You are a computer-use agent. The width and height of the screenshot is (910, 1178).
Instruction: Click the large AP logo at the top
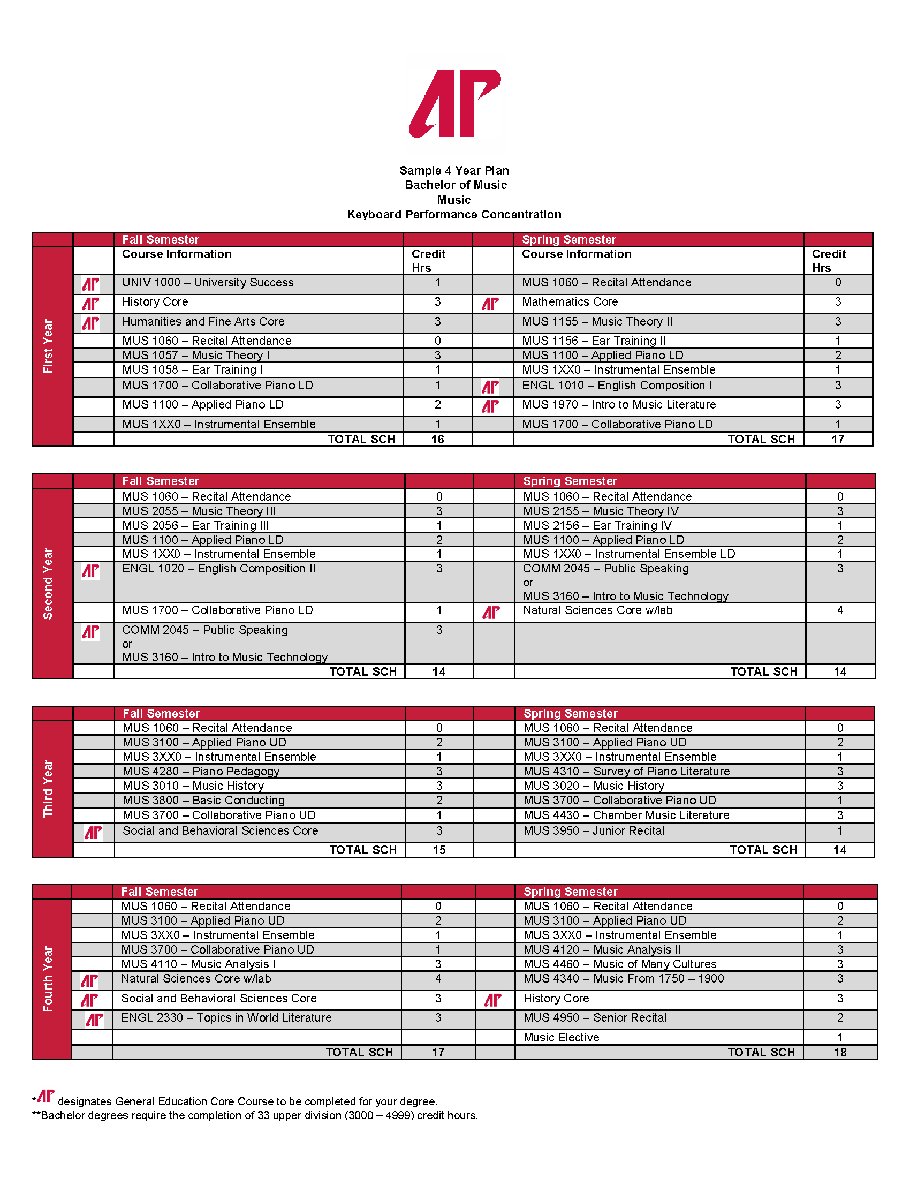(454, 103)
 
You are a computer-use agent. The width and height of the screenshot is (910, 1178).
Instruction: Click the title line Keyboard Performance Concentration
(454, 215)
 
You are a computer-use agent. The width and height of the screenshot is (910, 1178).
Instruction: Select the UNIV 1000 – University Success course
(208, 283)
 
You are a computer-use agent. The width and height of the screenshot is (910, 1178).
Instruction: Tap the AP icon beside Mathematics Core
(490, 304)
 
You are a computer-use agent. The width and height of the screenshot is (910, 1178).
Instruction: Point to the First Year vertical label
(48, 346)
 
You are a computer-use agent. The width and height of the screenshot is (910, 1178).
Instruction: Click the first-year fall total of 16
(437, 440)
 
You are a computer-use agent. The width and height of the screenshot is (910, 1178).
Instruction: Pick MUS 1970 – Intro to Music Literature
(619, 405)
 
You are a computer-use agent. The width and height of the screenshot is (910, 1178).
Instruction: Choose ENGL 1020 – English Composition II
(219, 569)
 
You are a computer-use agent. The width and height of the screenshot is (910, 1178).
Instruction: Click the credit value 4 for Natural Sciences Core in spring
(840, 610)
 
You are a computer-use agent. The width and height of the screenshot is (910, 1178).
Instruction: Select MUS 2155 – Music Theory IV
(601, 511)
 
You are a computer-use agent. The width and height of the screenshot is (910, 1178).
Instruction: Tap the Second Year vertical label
(48, 584)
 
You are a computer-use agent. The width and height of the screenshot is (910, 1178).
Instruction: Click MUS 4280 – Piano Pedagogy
(201, 772)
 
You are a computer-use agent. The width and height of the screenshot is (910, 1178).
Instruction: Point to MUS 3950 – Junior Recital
(594, 831)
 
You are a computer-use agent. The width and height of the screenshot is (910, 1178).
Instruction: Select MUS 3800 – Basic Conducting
(204, 801)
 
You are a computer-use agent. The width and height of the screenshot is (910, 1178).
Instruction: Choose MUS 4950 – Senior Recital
(595, 1018)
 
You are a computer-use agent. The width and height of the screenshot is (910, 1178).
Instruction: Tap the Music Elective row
(561, 1038)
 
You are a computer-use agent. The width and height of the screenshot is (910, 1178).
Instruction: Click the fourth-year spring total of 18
(840, 1053)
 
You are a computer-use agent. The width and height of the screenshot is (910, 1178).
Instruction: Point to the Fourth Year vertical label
(48, 979)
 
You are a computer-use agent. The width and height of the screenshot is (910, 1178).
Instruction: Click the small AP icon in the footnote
(47, 1096)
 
